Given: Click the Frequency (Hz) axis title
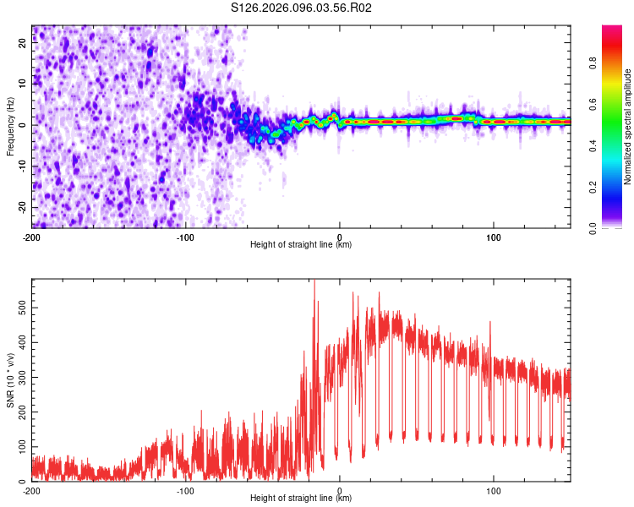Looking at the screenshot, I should (10, 127).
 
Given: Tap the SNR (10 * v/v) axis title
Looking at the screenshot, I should (10, 380).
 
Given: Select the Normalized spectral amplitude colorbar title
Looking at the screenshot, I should (628, 127).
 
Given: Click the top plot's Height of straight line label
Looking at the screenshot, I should (301, 244).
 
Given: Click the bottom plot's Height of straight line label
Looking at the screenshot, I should (301, 498).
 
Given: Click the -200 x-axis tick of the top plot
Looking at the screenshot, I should (32, 237).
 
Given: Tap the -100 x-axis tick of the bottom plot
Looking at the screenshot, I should (185, 490).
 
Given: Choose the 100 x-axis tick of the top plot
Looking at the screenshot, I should (493, 237).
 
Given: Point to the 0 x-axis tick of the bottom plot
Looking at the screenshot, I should (340, 490).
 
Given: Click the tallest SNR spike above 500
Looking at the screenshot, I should (314, 282).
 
